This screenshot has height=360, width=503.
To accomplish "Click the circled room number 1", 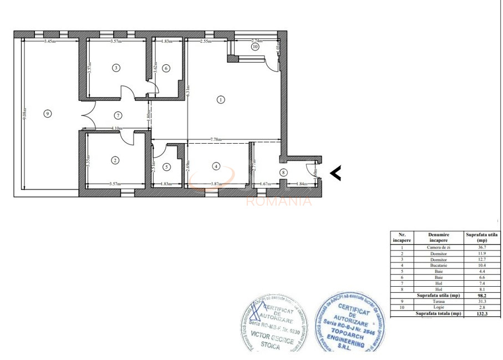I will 221,100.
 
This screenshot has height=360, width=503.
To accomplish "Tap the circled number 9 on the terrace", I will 48,114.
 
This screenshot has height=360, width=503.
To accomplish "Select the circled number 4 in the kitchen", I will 216,166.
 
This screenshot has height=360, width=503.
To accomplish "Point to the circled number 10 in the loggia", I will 255,47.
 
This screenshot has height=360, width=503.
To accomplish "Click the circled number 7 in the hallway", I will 118,115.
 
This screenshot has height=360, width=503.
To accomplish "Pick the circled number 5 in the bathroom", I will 166,166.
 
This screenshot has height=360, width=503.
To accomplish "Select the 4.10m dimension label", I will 116,129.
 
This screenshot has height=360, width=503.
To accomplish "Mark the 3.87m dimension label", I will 216,184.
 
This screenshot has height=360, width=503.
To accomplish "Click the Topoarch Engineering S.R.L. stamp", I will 349,324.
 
